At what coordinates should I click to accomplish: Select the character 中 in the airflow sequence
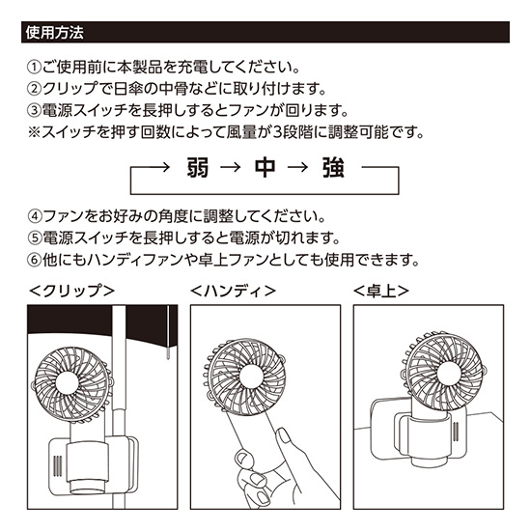point(264,169)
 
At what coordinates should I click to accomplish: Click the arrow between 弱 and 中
point(230,169)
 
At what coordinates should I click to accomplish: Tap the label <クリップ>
point(72,290)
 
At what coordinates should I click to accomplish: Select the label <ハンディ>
point(234,290)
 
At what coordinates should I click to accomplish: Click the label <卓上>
point(381,290)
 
